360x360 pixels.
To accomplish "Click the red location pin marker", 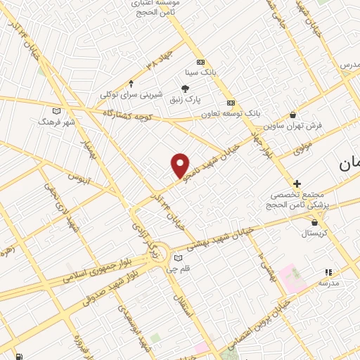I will pyautogui.click(x=181, y=166).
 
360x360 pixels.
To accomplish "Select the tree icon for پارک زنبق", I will pyautogui.click(x=186, y=88).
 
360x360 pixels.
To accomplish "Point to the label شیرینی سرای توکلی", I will pyautogui.click(x=132, y=94).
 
